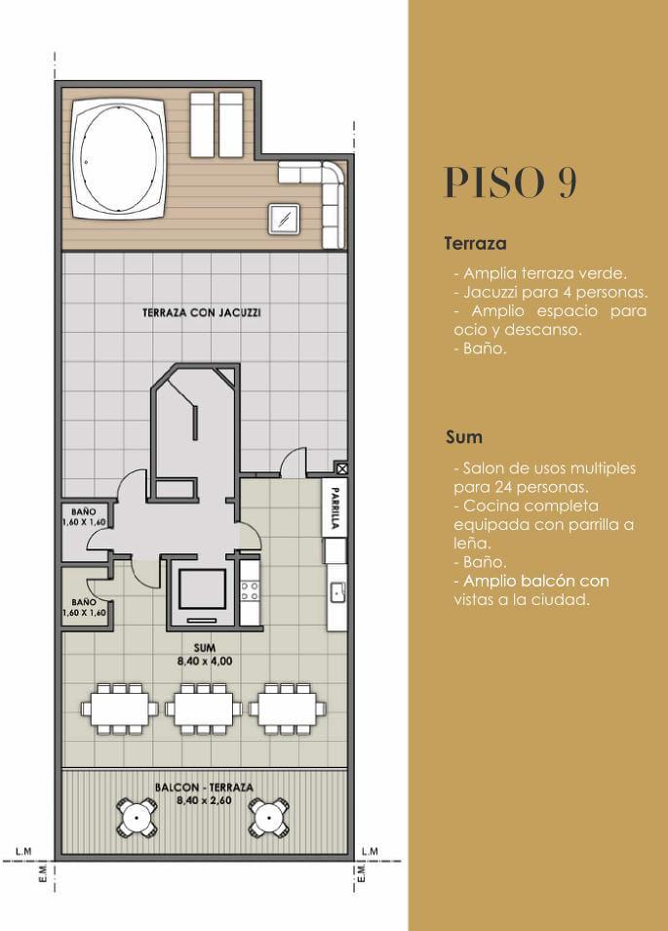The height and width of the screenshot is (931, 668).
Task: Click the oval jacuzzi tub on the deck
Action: [x=119, y=158]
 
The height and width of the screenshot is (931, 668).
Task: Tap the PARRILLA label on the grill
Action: [x=334, y=507]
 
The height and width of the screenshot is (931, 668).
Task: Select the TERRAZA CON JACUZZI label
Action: [x=202, y=312]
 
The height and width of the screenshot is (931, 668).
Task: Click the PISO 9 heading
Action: [x=510, y=182]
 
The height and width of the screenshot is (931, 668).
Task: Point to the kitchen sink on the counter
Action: [x=337, y=592]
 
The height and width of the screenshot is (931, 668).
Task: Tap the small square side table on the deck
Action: [x=284, y=220]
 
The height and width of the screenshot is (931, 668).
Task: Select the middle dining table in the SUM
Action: [x=204, y=708]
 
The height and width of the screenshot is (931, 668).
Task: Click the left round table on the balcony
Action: [x=138, y=818]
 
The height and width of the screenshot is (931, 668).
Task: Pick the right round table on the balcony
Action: [x=269, y=818]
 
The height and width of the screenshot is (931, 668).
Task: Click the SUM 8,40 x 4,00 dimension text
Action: [x=205, y=654]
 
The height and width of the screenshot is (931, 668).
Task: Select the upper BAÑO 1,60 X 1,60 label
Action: [x=84, y=517]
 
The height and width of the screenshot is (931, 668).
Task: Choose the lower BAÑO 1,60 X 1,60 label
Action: [x=84, y=607]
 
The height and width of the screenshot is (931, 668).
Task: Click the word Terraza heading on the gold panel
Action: [x=475, y=243]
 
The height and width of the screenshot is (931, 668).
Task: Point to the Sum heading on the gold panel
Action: [x=464, y=437]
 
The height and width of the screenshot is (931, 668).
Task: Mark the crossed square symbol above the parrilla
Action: [x=341, y=468]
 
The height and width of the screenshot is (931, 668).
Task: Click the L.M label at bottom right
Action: [x=370, y=851]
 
